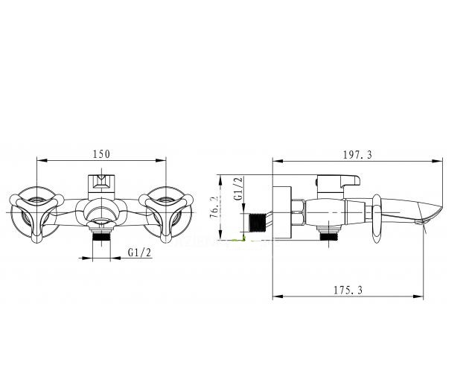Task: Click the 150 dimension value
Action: point(101,154)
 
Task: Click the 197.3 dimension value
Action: point(357,155)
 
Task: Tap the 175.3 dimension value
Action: point(348,290)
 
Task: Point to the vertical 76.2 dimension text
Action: point(214,207)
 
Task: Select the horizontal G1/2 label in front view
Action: point(139,253)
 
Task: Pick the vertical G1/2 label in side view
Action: point(238,188)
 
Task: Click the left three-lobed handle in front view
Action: point(36,215)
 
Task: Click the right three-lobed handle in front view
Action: point(166,215)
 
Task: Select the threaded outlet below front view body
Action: point(102,236)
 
